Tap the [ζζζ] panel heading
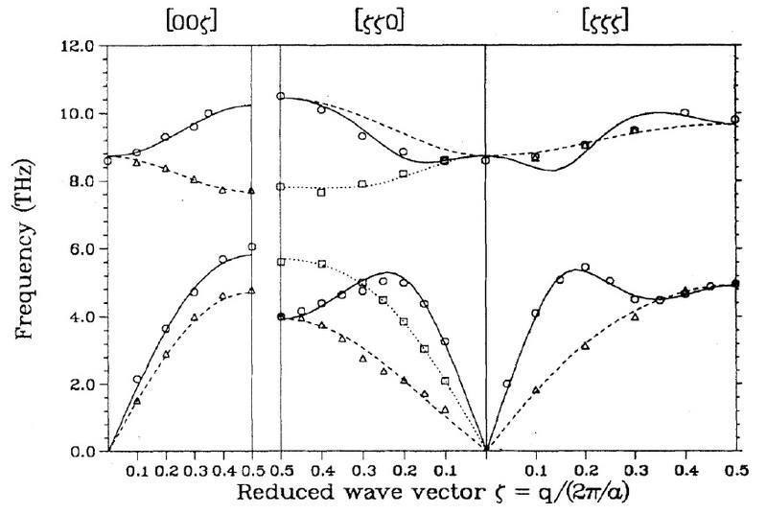[608, 22]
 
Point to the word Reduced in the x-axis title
[279, 491]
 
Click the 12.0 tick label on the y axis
[75, 46]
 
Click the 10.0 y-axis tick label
[75, 113]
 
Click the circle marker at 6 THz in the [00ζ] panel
[252, 247]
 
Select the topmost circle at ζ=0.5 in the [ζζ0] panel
[281, 96]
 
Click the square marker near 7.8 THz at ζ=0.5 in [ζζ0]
[281, 187]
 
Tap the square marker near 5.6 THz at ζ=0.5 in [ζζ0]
[281, 262]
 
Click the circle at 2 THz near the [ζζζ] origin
[507, 384]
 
